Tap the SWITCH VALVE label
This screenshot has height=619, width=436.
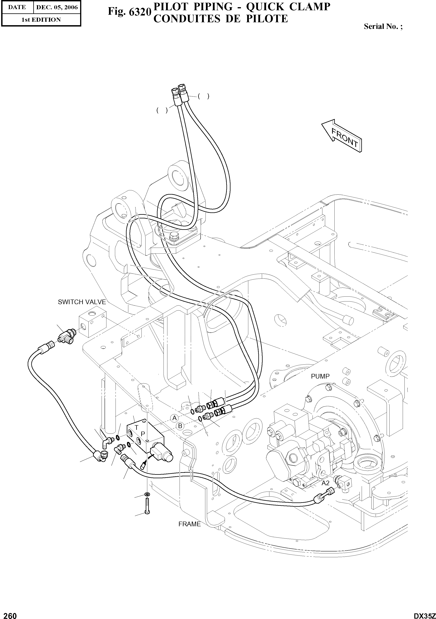pos(82,302)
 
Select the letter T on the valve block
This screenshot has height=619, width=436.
pos(136,428)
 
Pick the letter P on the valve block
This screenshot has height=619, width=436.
pos(143,434)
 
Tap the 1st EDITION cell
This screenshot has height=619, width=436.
pos(41,20)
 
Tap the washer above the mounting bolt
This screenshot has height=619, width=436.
pos(147,494)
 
